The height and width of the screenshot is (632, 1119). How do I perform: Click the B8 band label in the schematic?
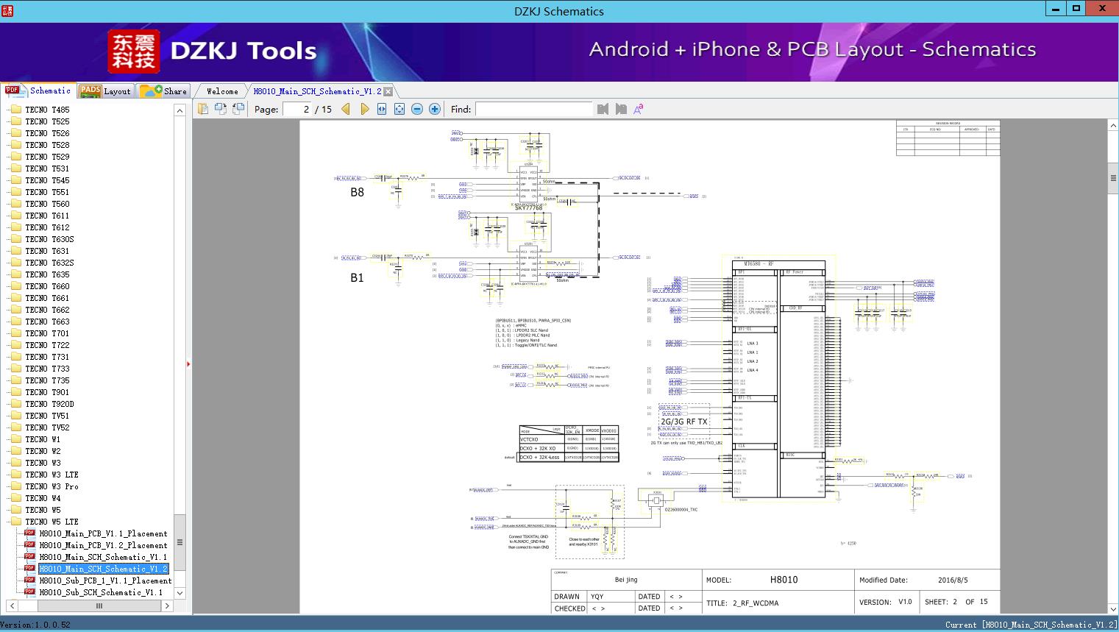[357, 193]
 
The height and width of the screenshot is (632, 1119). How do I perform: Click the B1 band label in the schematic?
[357, 278]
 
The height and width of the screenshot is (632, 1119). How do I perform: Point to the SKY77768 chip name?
[528, 208]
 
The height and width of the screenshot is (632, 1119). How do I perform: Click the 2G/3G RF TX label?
[683, 422]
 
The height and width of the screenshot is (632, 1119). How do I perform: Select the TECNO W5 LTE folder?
[51, 522]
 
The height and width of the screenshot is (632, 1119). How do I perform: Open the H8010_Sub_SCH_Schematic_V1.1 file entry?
[101, 592]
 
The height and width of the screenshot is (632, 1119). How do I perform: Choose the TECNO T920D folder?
[49, 404]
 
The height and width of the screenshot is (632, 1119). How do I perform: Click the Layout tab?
[105, 91]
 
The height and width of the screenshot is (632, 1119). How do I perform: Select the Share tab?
[164, 91]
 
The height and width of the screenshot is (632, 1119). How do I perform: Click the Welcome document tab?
[222, 91]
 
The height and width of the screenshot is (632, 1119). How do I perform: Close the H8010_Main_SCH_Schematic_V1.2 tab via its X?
[388, 92]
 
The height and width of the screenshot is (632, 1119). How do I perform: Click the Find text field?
[533, 109]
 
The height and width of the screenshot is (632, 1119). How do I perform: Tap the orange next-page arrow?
[365, 109]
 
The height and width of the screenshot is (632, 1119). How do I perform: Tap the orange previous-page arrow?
[346, 109]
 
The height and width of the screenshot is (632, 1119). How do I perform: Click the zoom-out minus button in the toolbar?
[417, 109]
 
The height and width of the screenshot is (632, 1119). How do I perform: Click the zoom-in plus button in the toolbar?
[435, 109]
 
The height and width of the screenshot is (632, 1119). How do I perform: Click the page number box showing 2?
[297, 109]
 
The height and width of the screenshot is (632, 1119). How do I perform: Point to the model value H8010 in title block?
[784, 580]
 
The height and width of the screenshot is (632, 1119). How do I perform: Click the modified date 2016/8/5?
[952, 580]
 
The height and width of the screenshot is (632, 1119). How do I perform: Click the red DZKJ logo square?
[134, 52]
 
